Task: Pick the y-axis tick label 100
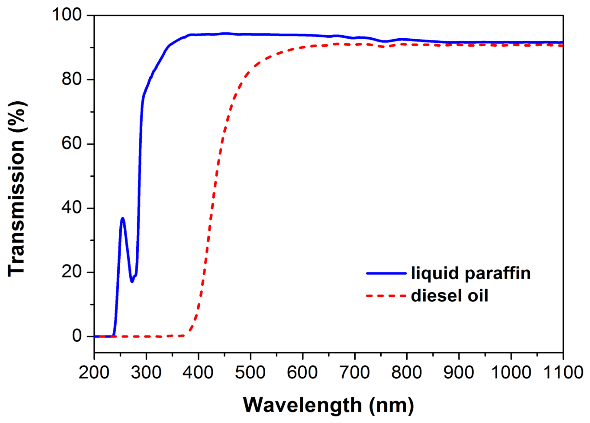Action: pos(67,15)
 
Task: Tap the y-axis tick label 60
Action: pos(71,143)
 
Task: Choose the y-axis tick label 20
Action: pos(71,272)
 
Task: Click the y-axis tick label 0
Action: pos(77,336)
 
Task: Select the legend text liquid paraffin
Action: pos(471,273)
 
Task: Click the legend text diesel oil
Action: pos(449,296)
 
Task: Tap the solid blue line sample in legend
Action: pos(386,273)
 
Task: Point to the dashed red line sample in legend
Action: pos(386,296)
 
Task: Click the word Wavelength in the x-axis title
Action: pos(302,405)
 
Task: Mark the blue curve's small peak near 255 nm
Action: pos(122,218)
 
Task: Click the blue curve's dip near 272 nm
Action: pos(132,281)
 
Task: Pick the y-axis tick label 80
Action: pos(71,79)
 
